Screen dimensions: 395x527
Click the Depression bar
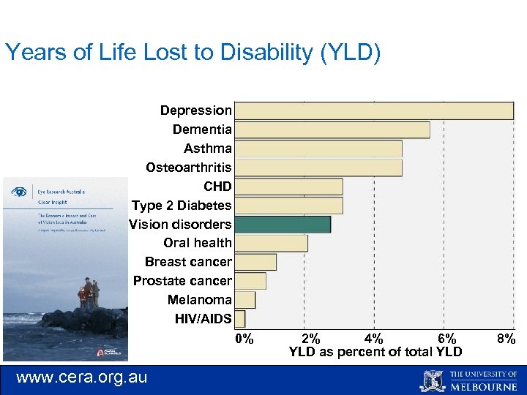pyautogui.click(x=373, y=110)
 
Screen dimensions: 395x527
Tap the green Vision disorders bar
pyautogui.click(x=283, y=225)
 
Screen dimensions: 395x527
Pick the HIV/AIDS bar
pyautogui.click(x=240, y=319)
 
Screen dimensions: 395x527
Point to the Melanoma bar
pyautogui.click(x=245, y=300)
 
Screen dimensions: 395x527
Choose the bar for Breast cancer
pyautogui.click(x=255, y=262)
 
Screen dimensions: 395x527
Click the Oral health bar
pyautogui.click(x=271, y=243)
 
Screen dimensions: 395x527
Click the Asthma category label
pyautogui.click(x=207, y=148)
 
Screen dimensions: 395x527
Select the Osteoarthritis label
pyautogui.click(x=188, y=168)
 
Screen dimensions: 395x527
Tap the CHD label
pyautogui.click(x=217, y=187)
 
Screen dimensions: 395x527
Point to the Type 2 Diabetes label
pyautogui.click(x=182, y=206)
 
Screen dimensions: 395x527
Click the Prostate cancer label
pyautogui.click(x=182, y=281)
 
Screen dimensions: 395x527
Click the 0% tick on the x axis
pyautogui.click(x=244, y=339)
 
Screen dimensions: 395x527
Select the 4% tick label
pyautogui.click(x=373, y=339)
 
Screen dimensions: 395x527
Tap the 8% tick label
pyautogui.click(x=506, y=339)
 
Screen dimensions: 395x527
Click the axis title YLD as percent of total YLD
pyautogui.click(x=375, y=352)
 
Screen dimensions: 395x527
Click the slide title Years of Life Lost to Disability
pyautogui.click(x=193, y=53)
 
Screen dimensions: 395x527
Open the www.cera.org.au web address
pyautogui.click(x=81, y=377)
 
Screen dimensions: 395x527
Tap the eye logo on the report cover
pyautogui.click(x=19, y=192)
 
